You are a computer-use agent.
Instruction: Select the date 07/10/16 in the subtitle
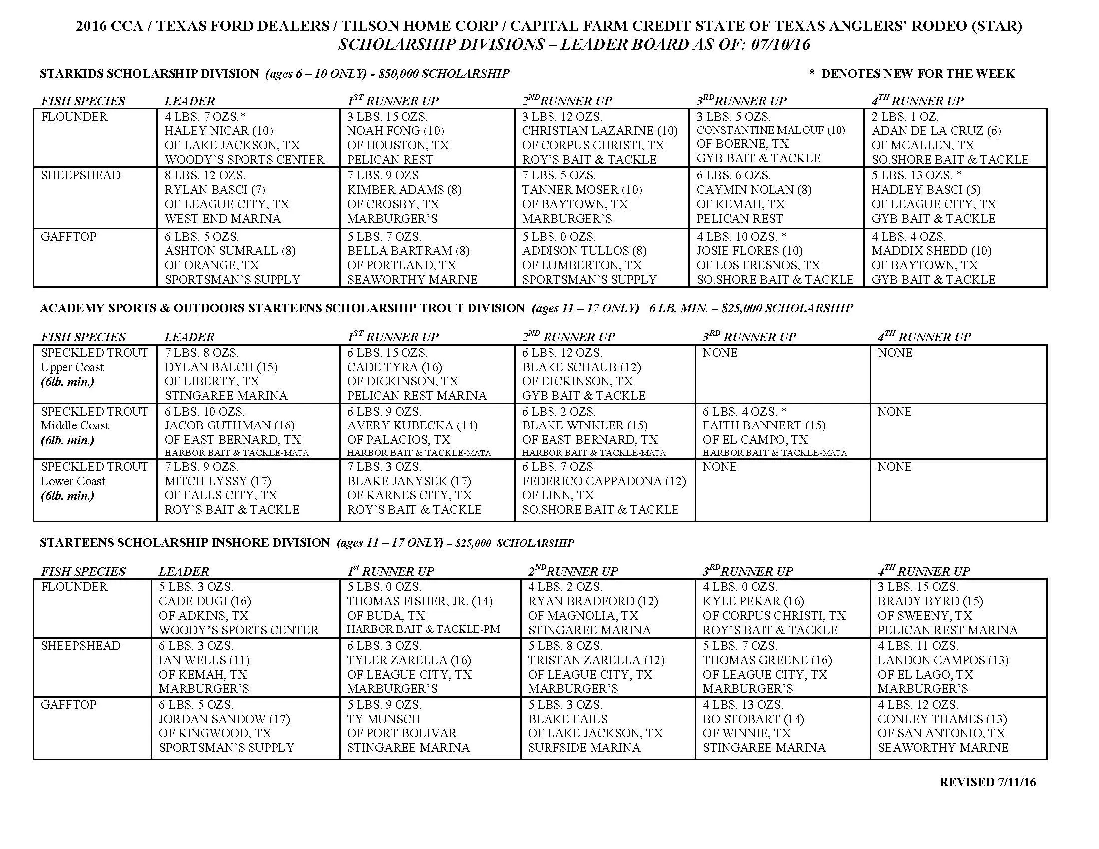[x=780, y=45]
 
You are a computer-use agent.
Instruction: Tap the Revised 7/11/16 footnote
[x=987, y=782]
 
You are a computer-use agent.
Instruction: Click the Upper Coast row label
[x=72, y=367]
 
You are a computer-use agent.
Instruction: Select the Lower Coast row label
[x=73, y=481]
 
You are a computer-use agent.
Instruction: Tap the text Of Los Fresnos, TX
[x=758, y=265]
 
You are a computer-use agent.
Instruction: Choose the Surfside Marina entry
[x=583, y=748]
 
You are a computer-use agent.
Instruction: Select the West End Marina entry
[x=222, y=219]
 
